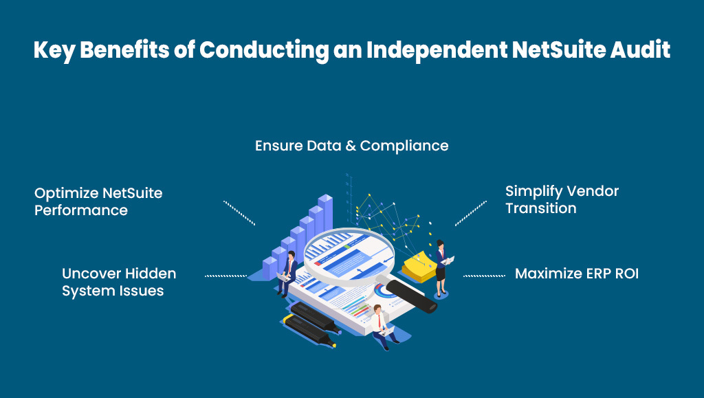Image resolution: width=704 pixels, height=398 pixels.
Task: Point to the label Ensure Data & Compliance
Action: click(351, 146)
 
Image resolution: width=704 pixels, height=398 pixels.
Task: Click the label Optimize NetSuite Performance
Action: click(98, 201)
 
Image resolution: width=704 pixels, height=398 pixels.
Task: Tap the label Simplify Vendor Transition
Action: click(562, 199)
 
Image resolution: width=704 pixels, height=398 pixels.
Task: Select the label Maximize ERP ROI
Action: click(576, 274)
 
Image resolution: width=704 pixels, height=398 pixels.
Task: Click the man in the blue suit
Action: click(289, 272)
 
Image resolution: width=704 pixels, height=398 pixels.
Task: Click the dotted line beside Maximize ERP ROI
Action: click(484, 276)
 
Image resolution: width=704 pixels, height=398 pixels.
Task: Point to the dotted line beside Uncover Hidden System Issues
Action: click(225, 276)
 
